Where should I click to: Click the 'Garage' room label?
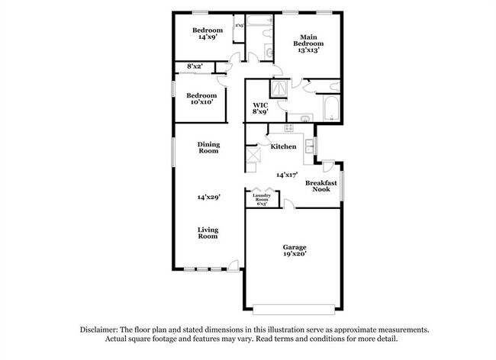pos(295,247)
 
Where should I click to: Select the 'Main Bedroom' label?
pos(309,40)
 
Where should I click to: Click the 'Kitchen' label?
pos(283,146)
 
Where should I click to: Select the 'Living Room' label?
pos(208,233)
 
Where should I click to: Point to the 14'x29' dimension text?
pos(208,197)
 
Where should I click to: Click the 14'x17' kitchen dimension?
pos(287,175)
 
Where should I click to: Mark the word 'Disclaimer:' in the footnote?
pos(102,329)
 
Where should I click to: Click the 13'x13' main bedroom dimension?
pos(309,49)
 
